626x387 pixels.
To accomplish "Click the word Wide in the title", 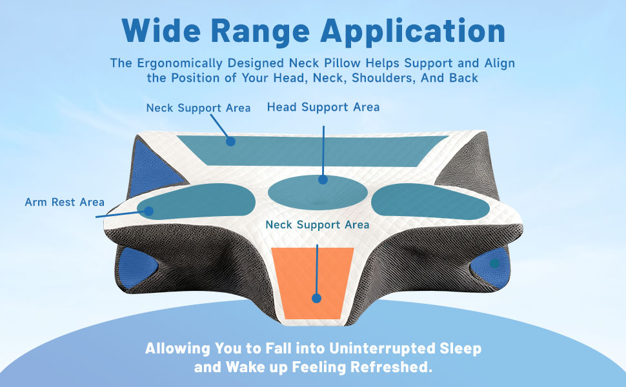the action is [162, 31].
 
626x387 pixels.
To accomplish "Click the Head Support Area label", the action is [323, 107].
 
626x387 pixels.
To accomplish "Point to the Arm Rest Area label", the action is [65, 202].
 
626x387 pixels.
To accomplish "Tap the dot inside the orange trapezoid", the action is [317, 298].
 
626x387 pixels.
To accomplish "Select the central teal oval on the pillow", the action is [318, 193].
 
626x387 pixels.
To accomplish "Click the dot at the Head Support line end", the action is [323, 179].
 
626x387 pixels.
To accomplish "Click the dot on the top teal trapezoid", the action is [230, 141].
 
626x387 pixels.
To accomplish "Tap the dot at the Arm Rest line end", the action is [148, 211].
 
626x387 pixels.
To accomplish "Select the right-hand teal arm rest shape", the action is [430, 201].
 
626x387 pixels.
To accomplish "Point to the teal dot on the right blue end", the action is [494, 263].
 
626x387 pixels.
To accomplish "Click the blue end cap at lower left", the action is [136, 267].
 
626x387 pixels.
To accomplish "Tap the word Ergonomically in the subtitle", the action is [179, 64].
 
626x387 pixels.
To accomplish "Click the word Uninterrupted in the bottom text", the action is [382, 349].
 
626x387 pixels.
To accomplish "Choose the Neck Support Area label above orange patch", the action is [318, 224].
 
